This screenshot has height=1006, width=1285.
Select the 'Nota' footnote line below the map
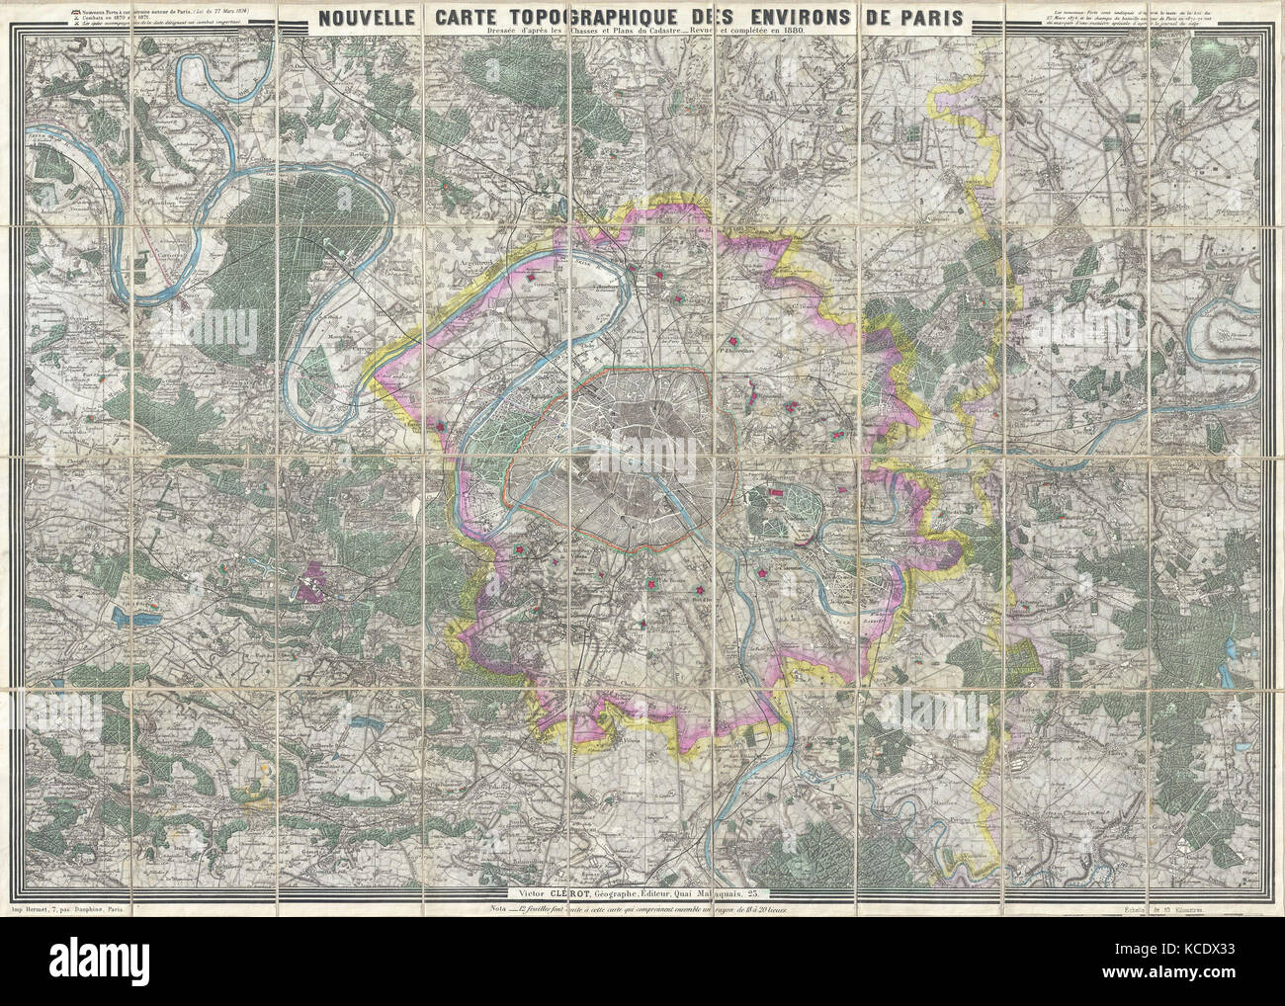642,908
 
